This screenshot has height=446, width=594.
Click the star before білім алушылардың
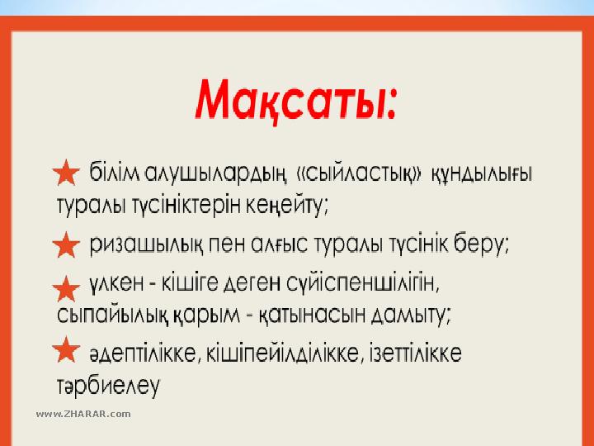(66, 174)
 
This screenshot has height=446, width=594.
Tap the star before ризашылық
(66, 244)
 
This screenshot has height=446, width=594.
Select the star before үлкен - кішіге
(66, 289)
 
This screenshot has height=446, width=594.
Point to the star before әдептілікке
(66, 351)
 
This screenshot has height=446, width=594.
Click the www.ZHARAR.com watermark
(83, 413)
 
